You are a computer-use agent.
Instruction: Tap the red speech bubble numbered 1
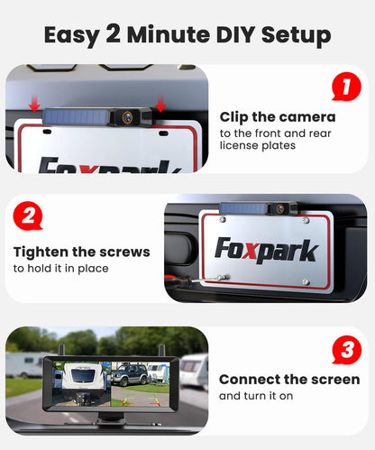point(346,87)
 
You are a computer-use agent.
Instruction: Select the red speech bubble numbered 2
point(28,216)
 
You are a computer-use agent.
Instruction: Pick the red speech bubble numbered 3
point(347,350)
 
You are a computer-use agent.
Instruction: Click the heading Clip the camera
point(278,117)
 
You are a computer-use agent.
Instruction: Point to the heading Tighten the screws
point(82,252)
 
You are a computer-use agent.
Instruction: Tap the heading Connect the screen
point(289,380)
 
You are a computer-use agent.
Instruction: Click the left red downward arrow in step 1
point(34,104)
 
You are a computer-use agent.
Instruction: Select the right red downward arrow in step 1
point(160,104)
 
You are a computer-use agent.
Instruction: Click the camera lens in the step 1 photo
point(127,116)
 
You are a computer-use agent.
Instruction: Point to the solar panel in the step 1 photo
point(76,116)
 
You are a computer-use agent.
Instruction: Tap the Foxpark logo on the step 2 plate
point(266,250)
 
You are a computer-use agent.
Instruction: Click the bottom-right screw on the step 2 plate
point(306,282)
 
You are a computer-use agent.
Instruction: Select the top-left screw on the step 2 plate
point(223,219)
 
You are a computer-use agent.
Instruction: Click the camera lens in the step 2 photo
point(280,207)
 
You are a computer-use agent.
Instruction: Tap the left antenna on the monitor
point(62,351)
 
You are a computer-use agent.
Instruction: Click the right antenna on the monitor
point(163,351)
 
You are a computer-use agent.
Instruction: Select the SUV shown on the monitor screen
point(130,375)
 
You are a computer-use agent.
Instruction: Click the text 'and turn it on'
point(256,396)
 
